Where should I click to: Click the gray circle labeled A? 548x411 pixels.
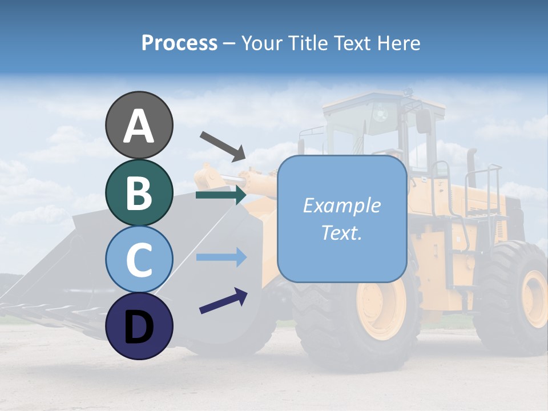[x=139, y=126]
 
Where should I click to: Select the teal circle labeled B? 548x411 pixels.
[x=139, y=193]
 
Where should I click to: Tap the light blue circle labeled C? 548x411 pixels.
[x=139, y=259]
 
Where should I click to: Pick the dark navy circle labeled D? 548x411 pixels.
[x=139, y=326]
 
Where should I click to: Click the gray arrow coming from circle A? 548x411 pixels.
[x=223, y=146]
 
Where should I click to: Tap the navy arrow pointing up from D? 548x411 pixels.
[x=223, y=301]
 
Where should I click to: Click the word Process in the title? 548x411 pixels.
[x=179, y=43]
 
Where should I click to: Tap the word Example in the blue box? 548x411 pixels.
[x=341, y=205]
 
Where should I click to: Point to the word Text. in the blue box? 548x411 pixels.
[x=341, y=232]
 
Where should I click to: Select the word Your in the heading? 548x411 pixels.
[x=261, y=43]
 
